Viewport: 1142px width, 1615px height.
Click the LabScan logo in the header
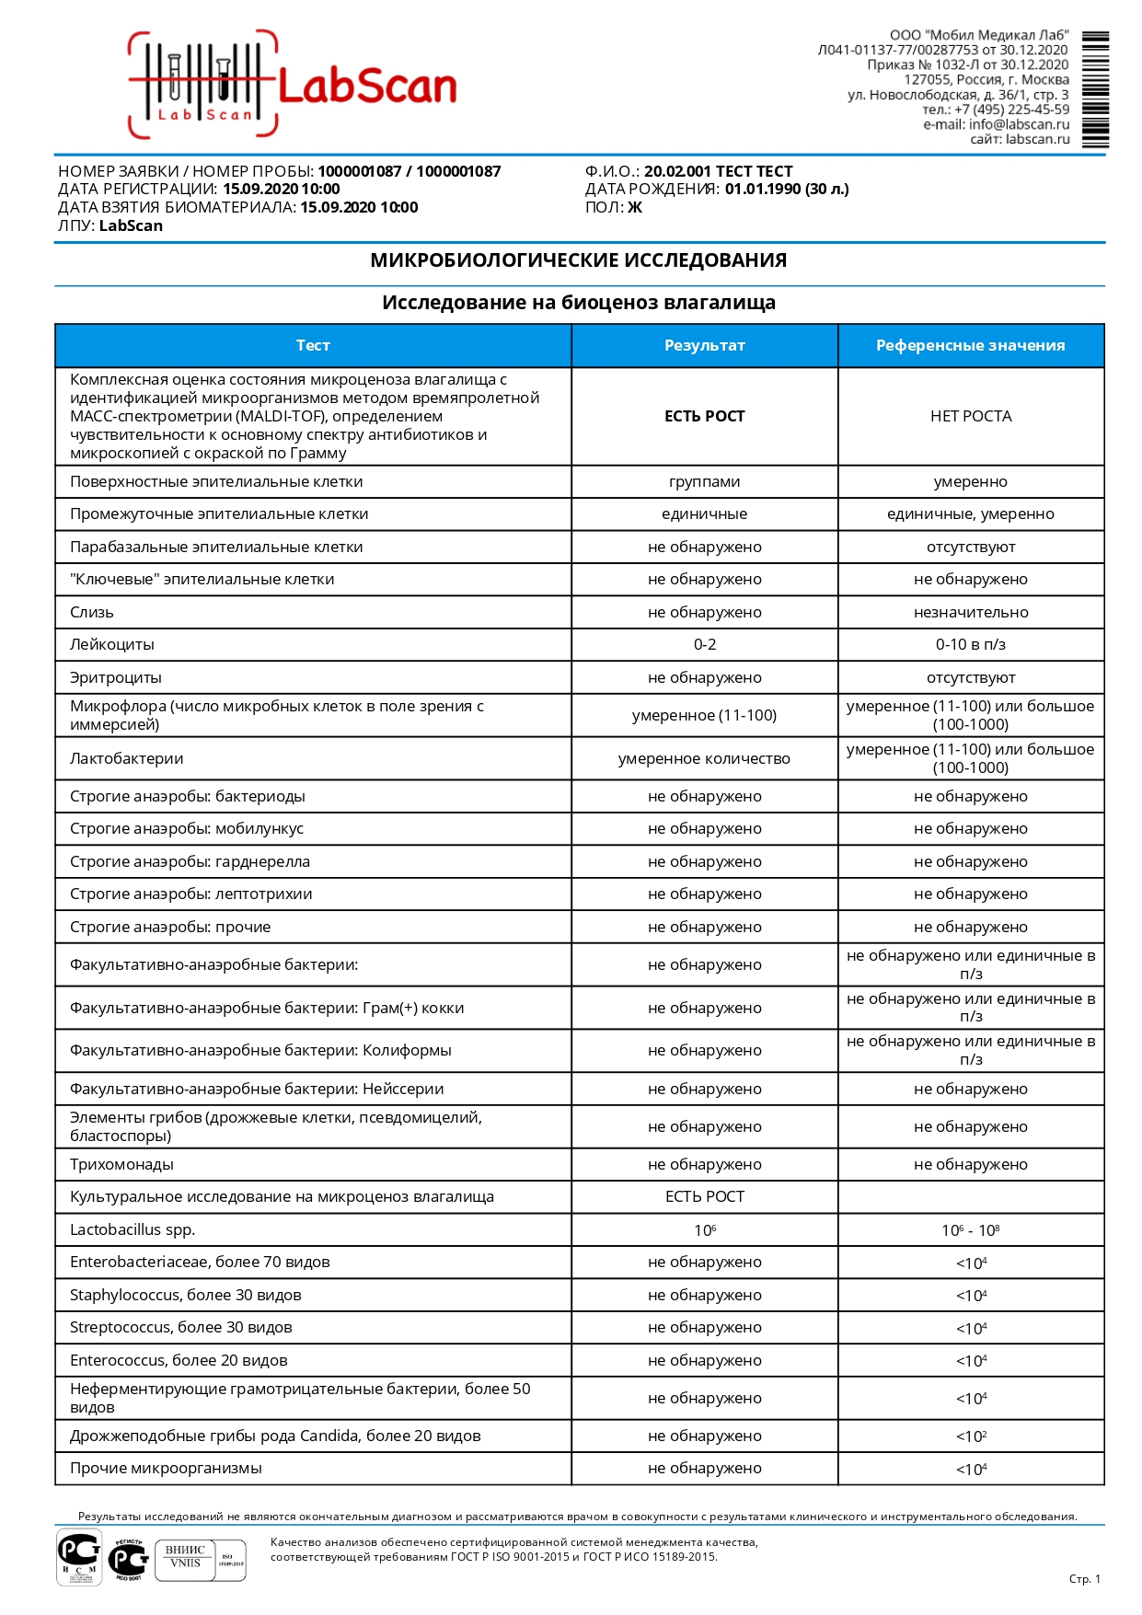[293, 86]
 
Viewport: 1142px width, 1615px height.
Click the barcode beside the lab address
[1095, 89]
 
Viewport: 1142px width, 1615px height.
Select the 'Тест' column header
[313, 346]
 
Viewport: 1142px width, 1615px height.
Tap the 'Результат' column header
[704, 346]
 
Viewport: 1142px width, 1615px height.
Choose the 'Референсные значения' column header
[970, 346]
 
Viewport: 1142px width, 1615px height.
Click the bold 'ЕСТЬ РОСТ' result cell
[704, 417]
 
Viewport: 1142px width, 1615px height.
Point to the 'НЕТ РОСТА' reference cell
[971, 417]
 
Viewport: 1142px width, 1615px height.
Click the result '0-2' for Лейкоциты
[704, 645]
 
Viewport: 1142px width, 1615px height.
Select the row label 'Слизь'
[92, 613]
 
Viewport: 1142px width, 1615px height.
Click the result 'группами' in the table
[704, 482]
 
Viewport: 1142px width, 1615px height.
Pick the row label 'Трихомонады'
[121, 1165]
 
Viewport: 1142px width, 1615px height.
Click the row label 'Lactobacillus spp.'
[133, 1230]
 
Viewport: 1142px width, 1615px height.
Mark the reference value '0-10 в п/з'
[971, 645]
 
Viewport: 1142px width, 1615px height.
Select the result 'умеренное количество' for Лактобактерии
[704, 759]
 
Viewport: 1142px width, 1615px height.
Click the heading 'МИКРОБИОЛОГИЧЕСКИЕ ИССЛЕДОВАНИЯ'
[578, 260]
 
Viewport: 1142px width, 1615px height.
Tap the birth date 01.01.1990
[762, 190]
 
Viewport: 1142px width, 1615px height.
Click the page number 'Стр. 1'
[1084, 1579]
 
